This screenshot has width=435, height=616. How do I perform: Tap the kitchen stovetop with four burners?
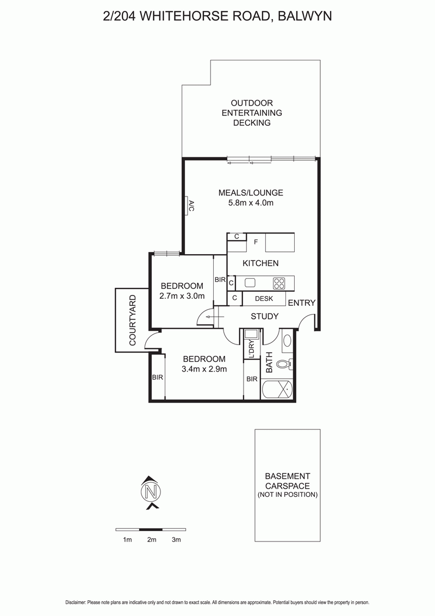pos(279,284)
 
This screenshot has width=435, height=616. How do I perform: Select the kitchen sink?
pos(250,282)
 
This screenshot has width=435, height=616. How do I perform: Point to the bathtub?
pos(277,390)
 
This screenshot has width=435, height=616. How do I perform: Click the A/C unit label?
pos(191,206)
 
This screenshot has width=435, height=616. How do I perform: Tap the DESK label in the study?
pos(264,299)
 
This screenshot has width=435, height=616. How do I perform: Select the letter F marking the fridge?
pos(256,242)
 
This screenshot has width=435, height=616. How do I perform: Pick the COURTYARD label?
pos(132,320)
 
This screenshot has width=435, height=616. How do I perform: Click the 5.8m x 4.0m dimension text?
pos(251,203)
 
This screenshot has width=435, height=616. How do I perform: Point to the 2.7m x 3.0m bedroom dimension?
pos(182,296)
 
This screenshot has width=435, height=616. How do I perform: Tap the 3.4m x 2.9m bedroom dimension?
pos(204,369)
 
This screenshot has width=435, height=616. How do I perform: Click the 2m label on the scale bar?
pos(152,540)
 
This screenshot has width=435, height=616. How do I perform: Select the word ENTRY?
pos(302,303)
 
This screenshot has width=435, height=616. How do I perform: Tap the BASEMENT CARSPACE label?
pos(288,481)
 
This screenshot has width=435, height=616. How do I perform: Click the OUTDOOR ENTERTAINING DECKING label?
pos(252,113)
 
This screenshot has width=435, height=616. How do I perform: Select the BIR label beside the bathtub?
pos(252,379)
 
